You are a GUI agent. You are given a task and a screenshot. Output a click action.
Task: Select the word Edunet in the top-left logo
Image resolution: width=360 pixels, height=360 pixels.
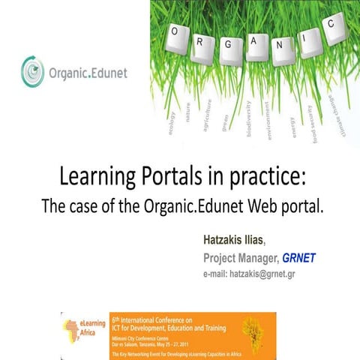[100, 73]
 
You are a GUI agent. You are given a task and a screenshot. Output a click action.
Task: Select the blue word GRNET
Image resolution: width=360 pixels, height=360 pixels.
[299, 257]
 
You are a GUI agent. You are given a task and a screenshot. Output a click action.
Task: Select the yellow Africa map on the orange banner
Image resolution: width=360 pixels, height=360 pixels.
[248, 328]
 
